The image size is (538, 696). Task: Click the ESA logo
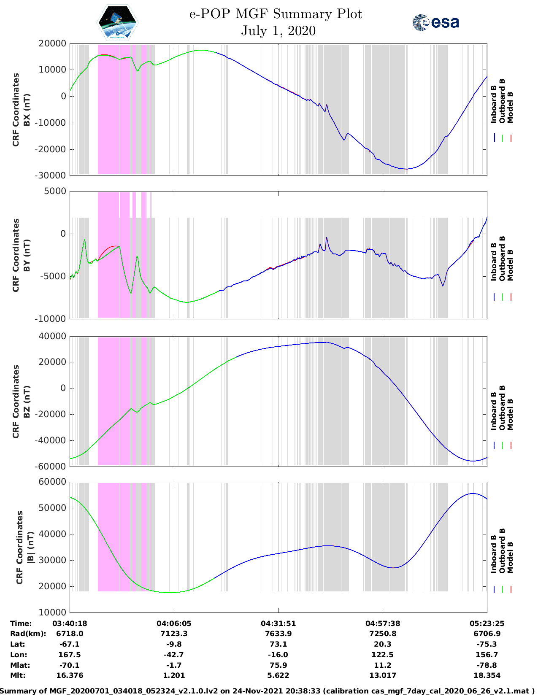coord(436,22)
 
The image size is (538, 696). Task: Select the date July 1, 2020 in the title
coord(278,31)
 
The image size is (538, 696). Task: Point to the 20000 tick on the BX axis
coord(52,43)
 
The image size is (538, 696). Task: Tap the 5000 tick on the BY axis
coord(56,191)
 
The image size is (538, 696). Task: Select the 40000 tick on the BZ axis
coord(52,336)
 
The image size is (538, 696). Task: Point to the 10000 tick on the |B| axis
coord(52,612)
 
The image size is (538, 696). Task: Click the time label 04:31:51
coord(278,623)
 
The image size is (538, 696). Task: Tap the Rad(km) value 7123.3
coord(174,634)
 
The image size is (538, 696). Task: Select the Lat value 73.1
coord(278,644)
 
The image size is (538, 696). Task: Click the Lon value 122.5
coord(382,655)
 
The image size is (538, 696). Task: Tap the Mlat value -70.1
coord(70,665)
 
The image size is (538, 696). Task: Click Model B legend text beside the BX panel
coord(510,107)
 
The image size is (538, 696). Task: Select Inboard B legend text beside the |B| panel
coord(494,553)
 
